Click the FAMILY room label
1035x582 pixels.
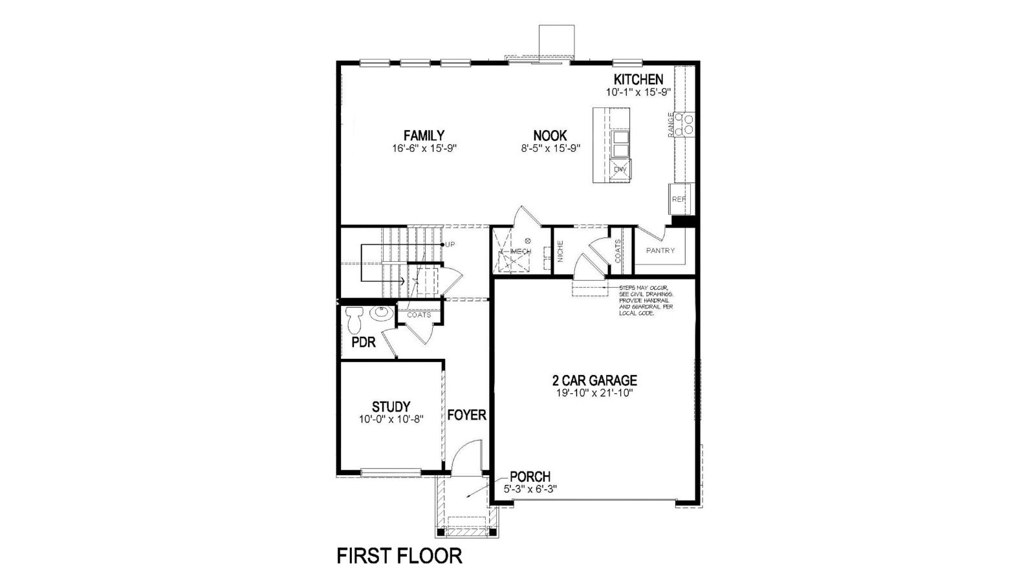point(424,136)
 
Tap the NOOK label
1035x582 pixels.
point(550,136)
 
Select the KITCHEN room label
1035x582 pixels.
point(638,80)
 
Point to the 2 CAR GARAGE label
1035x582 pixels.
point(594,381)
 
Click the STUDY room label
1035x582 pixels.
point(391,407)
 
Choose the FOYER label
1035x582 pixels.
point(466,415)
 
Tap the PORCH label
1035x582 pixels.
point(530,477)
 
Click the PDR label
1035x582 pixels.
point(364,343)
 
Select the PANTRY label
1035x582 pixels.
point(660,250)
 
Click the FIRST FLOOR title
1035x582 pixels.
point(399,556)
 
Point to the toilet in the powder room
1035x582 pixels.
point(354,319)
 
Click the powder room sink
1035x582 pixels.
point(380,314)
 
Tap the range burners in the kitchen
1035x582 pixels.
point(684,124)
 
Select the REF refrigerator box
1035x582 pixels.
point(679,199)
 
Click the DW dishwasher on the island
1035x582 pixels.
point(620,169)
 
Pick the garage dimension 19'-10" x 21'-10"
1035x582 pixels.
point(594,393)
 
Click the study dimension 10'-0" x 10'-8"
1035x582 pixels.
point(391,419)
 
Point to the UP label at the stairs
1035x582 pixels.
point(450,244)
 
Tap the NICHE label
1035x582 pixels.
point(560,250)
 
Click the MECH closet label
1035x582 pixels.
point(521,251)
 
